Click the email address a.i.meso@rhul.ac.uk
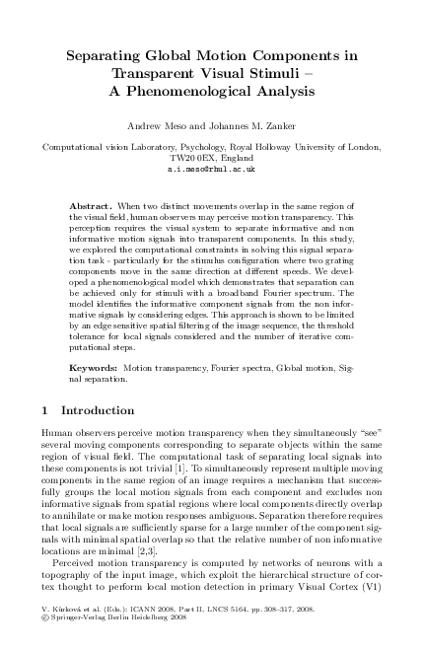point(212,170)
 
